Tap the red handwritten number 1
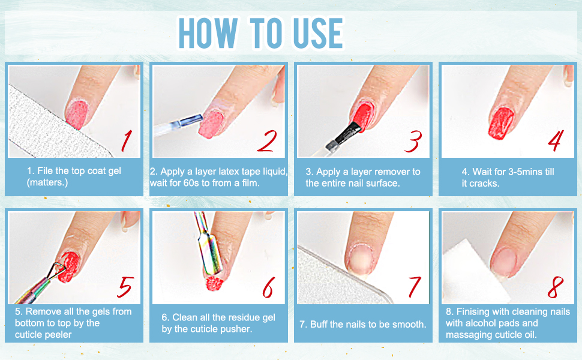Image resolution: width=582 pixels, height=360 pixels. pos(127,140)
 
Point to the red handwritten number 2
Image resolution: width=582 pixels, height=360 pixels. pos(266,140)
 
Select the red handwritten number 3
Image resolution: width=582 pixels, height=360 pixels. pos(413,140)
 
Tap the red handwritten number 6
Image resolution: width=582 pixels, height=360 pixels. pos(267,286)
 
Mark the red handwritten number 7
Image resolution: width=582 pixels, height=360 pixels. pos(414,286)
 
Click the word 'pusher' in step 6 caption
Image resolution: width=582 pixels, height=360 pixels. pos(238,329)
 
